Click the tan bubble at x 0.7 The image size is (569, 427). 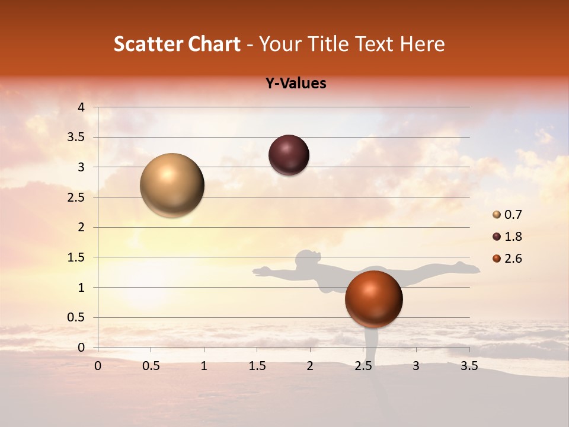coord(172,185)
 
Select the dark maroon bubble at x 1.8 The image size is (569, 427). coord(289,155)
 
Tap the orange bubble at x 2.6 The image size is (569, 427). coord(373,299)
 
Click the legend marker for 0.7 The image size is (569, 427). coord(497,215)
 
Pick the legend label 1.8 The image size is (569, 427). coord(513,237)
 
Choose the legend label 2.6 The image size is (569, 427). coord(513,259)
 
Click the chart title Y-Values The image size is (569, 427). coord(296,84)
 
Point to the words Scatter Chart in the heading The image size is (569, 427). coord(177,44)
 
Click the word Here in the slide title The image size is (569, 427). coord(421,44)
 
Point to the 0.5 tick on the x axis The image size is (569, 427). coord(151,366)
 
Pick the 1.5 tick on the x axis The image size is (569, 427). coord(257,366)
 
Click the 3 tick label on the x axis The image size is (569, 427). coord(415,366)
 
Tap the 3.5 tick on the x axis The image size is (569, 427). coord(469,366)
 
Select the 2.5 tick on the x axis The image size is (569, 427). coord(363,366)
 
